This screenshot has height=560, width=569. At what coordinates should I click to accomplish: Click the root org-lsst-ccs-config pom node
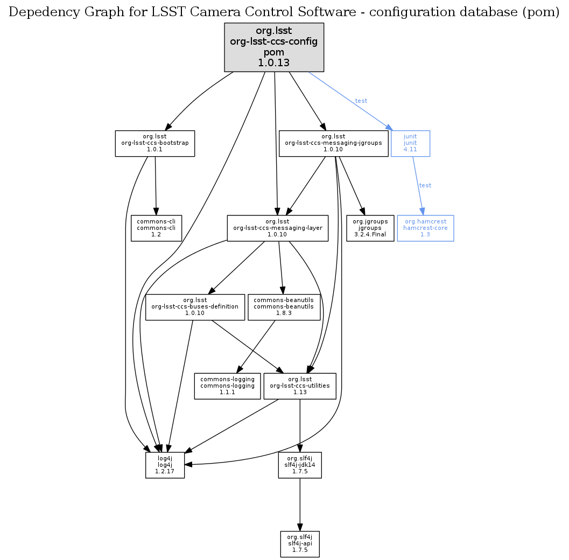[274, 47]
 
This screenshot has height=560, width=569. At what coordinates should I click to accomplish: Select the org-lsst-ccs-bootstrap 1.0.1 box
[154, 143]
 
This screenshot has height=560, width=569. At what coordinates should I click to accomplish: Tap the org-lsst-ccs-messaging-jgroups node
[333, 143]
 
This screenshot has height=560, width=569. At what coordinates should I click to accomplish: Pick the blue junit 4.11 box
[410, 143]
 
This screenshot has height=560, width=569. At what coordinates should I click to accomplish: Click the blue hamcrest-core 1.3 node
[425, 228]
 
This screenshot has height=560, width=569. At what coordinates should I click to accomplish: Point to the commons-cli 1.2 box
[156, 228]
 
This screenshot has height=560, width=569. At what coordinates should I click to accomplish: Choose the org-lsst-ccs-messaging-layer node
[277, 228]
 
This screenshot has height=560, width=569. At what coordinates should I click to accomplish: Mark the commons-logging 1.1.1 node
[227, 386]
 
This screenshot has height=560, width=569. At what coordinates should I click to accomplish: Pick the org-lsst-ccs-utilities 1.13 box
[300, 386]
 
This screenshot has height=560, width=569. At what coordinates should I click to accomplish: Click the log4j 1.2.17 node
[165, 465]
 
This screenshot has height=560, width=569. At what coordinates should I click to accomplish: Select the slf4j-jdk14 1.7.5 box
[300, 465]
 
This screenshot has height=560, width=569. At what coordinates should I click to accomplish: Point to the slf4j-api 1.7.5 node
[300, 544]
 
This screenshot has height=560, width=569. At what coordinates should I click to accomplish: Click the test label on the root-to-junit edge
[361, 101]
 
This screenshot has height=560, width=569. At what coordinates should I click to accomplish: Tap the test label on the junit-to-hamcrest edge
[425, 185]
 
